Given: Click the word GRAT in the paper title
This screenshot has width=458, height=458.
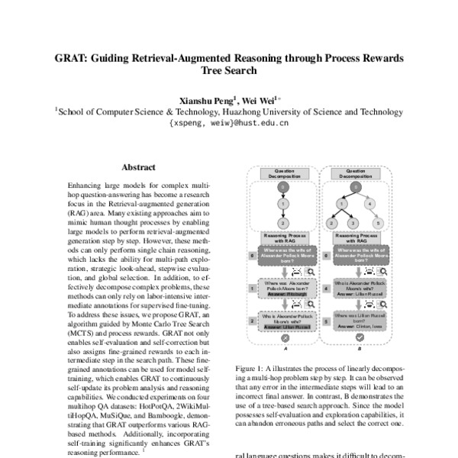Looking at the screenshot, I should point(71,59).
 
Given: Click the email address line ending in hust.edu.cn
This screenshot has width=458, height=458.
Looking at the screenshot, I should point(229,122).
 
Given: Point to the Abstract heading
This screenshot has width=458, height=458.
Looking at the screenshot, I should point(139,167).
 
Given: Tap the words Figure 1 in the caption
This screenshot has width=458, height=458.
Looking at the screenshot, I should point(250,367).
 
